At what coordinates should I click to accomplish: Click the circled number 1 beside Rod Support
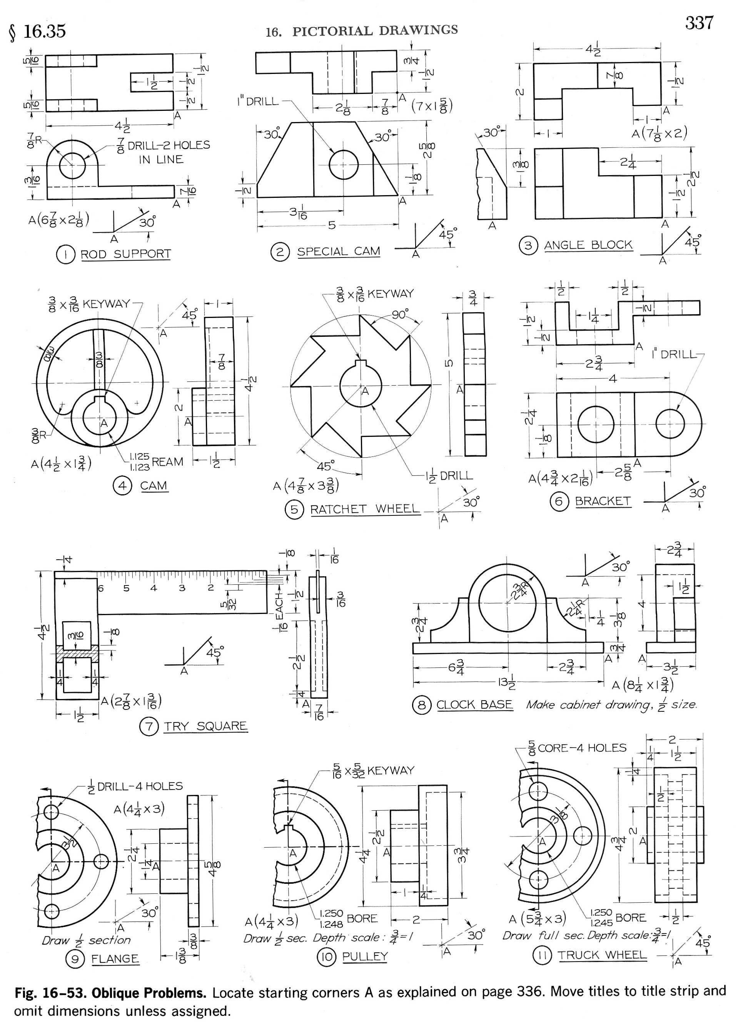65,255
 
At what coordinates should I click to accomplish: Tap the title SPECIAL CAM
338,251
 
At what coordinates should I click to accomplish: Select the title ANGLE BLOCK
588,245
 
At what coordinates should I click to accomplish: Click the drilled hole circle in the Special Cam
343,165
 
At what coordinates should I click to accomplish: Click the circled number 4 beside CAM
122,486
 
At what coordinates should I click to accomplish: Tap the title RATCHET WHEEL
364,509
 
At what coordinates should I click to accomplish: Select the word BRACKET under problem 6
603,501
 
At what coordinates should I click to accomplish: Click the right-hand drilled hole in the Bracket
670,425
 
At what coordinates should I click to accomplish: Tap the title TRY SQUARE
205,726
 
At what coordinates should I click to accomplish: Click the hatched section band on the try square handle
77,652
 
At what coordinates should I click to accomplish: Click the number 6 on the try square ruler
100,588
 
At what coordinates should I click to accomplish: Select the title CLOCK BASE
474,705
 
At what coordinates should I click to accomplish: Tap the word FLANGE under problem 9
115,958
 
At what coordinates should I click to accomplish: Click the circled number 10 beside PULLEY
326,957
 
